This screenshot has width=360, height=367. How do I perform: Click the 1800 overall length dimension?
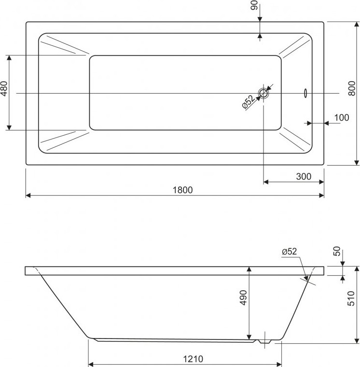coord(182,190)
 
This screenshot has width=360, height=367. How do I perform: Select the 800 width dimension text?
coord(352,88)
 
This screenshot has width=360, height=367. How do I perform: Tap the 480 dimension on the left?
coord(4,88)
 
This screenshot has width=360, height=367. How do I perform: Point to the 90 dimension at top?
coord(254,5)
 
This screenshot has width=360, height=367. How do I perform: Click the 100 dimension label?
coord(342,117)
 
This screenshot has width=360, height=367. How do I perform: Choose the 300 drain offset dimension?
coord(304,176)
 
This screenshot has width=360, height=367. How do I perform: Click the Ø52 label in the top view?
coord(248,102)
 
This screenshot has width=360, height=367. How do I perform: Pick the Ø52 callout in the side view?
coord(290,252)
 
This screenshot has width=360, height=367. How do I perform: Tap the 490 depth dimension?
coord(243,297)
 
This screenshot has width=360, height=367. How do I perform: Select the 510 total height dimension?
coord(351,298)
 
